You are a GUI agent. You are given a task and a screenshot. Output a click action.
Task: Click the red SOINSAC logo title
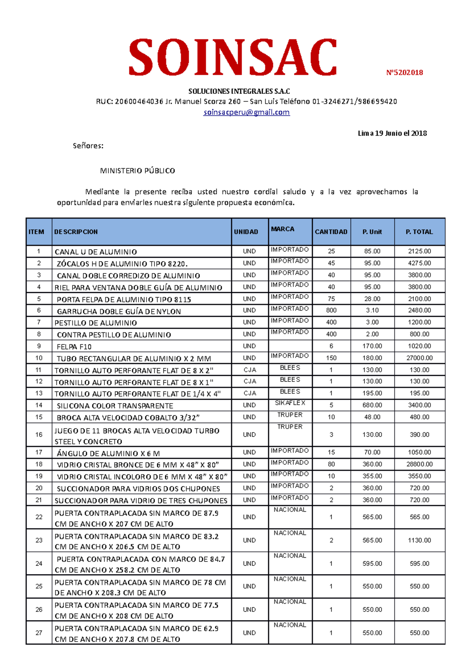pos(233,57)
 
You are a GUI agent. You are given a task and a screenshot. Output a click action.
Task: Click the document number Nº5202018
pos(404,72)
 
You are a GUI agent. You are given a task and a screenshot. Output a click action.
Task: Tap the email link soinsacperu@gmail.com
pos(246,112)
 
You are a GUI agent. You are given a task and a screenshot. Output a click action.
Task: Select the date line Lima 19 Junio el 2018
pos(392,133)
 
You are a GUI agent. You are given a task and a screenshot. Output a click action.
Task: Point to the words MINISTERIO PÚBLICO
pos(137,171)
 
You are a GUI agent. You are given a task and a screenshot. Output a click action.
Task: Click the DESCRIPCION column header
pos(76,232)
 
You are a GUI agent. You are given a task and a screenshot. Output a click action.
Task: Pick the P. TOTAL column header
pos(419,232)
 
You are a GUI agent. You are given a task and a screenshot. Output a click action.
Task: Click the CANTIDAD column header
pos(331,232)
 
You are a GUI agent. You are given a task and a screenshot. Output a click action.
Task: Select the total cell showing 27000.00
pos(419,358)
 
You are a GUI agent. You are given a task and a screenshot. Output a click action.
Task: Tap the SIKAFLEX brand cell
pos(290,403)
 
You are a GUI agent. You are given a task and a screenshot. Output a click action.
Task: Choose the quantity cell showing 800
pos(331,310)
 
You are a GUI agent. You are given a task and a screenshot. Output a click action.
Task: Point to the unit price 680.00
pos(372,405)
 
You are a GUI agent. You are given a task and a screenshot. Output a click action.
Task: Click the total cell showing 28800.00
pos(419,464)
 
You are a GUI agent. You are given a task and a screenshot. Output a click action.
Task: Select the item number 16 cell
pos(39,434)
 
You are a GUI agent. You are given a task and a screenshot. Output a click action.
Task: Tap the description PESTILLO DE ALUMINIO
pos(96,323)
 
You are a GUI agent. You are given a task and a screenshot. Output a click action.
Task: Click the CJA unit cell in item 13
pos(249,393)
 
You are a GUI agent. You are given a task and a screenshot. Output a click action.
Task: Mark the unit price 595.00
pos(372,564)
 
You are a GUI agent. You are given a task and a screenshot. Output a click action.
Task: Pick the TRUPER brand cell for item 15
pos(290,415)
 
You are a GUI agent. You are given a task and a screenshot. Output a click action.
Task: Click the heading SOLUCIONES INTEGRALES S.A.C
pos(239,92)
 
